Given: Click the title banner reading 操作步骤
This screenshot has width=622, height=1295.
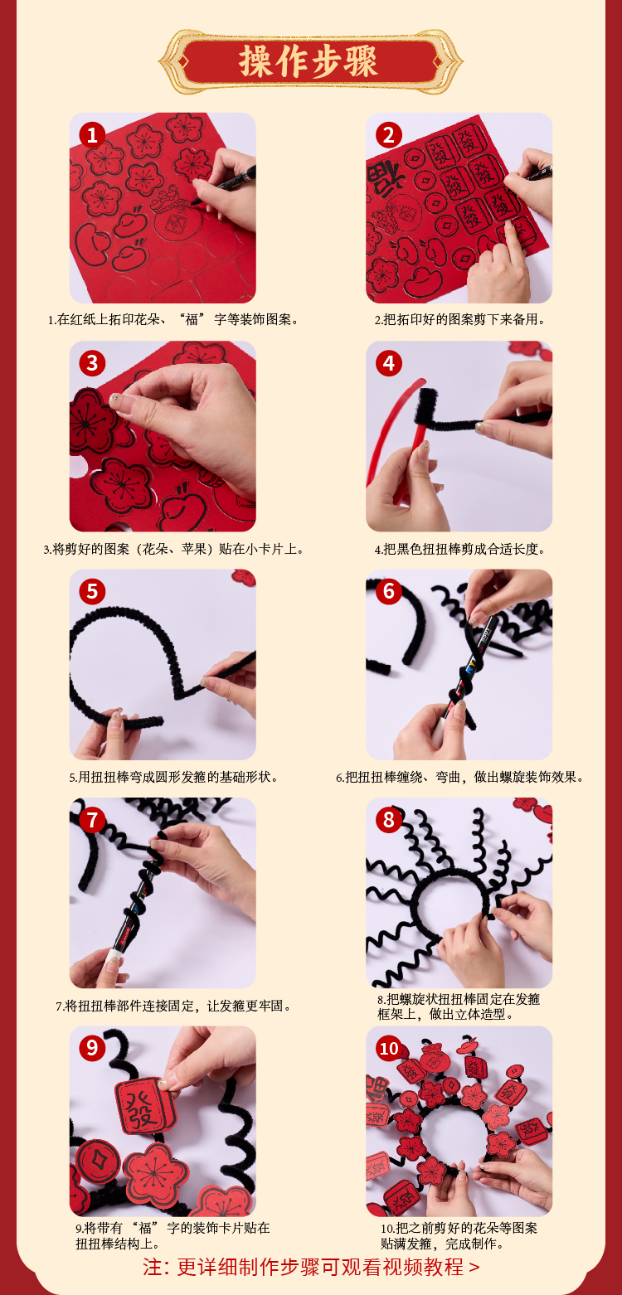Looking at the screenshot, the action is coord(310,61).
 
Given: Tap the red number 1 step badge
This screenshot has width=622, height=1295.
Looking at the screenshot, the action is coord(92,135).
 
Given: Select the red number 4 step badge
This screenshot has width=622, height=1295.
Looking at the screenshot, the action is coord(388,364).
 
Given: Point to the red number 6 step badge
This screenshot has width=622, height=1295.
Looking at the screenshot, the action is coord(388,591).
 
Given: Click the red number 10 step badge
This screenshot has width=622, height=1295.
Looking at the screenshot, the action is coord(388,1048).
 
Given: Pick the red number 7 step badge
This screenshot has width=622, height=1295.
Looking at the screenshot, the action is coord(92,820).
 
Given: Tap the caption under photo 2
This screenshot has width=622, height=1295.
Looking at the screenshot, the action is coord(460,320).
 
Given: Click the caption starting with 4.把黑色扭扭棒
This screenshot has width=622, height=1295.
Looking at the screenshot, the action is coord(460,549).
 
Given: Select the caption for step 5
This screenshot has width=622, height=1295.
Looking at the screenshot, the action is coord(174,777).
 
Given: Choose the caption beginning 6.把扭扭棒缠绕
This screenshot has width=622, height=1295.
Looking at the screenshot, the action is coord(460,777).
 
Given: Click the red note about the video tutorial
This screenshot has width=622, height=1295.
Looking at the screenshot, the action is coord(311,1268).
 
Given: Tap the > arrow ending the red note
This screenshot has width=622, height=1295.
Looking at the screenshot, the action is coord(474,1268).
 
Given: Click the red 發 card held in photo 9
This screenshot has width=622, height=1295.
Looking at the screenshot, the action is coord(144,1106).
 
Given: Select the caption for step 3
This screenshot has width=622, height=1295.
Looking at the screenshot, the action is coord(174,549).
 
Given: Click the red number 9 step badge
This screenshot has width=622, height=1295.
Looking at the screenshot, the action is coord(92,1048).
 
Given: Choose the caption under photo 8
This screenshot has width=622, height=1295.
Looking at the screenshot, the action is coord(459,1006).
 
